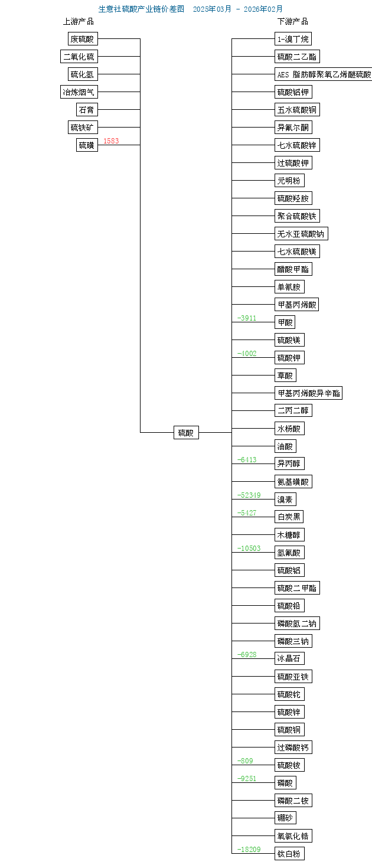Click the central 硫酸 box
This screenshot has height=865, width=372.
click(x=186, y=432)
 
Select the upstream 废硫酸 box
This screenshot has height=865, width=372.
click(x=82, y=39)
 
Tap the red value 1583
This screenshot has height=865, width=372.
click(x=111, y=141)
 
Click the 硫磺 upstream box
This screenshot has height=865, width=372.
click(x=87, y=145)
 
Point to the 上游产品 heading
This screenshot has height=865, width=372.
click(x=79, y=21)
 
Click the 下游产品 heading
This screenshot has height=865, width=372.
click(x=293, y=21)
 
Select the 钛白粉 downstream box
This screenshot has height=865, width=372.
click(x=289, y=853)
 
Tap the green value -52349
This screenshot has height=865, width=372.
click(x=249, y=495)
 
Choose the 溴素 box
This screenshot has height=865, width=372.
click(x=285, y=500)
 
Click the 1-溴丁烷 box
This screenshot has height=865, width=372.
click(x=293, y=39)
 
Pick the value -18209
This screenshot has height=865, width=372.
click(x=249, y=849)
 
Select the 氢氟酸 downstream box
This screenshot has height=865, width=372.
click(x=289, y=553)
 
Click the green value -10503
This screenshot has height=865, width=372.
click(x=249, y=549)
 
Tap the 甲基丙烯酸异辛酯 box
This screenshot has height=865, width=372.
click(x=308, y=393)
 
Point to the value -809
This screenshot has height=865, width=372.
click(x=245, y=760)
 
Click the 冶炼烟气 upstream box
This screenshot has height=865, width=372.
click(x=79, y=92)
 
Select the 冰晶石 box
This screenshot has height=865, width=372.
click(x=289, y=658)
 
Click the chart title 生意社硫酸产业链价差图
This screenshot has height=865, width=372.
click(x=142, y=9)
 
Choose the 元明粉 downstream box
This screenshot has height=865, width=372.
click(x=289, y=181)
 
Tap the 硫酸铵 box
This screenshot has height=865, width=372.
click(x=289, y=765)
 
